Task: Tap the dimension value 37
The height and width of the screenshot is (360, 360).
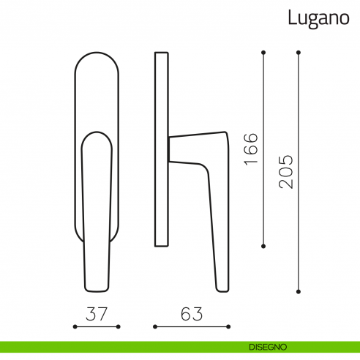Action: pyautogui.click(x=96, y=315)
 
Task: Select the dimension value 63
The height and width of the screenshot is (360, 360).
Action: pyautogui.click(x=191, y=315)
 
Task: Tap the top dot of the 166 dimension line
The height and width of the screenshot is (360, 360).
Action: pyautogui.click(x=263, y=53)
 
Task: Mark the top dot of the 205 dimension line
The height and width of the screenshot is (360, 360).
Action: pyautogui.click(x=299, y=53)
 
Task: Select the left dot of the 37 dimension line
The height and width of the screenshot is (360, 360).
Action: pyautogui.click(x=75, y=326)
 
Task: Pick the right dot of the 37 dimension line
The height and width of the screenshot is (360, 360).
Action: pyautogui.click(x=117, y=326)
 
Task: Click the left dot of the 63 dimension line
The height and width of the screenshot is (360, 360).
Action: pyautogui.click(x=154, y=326)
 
